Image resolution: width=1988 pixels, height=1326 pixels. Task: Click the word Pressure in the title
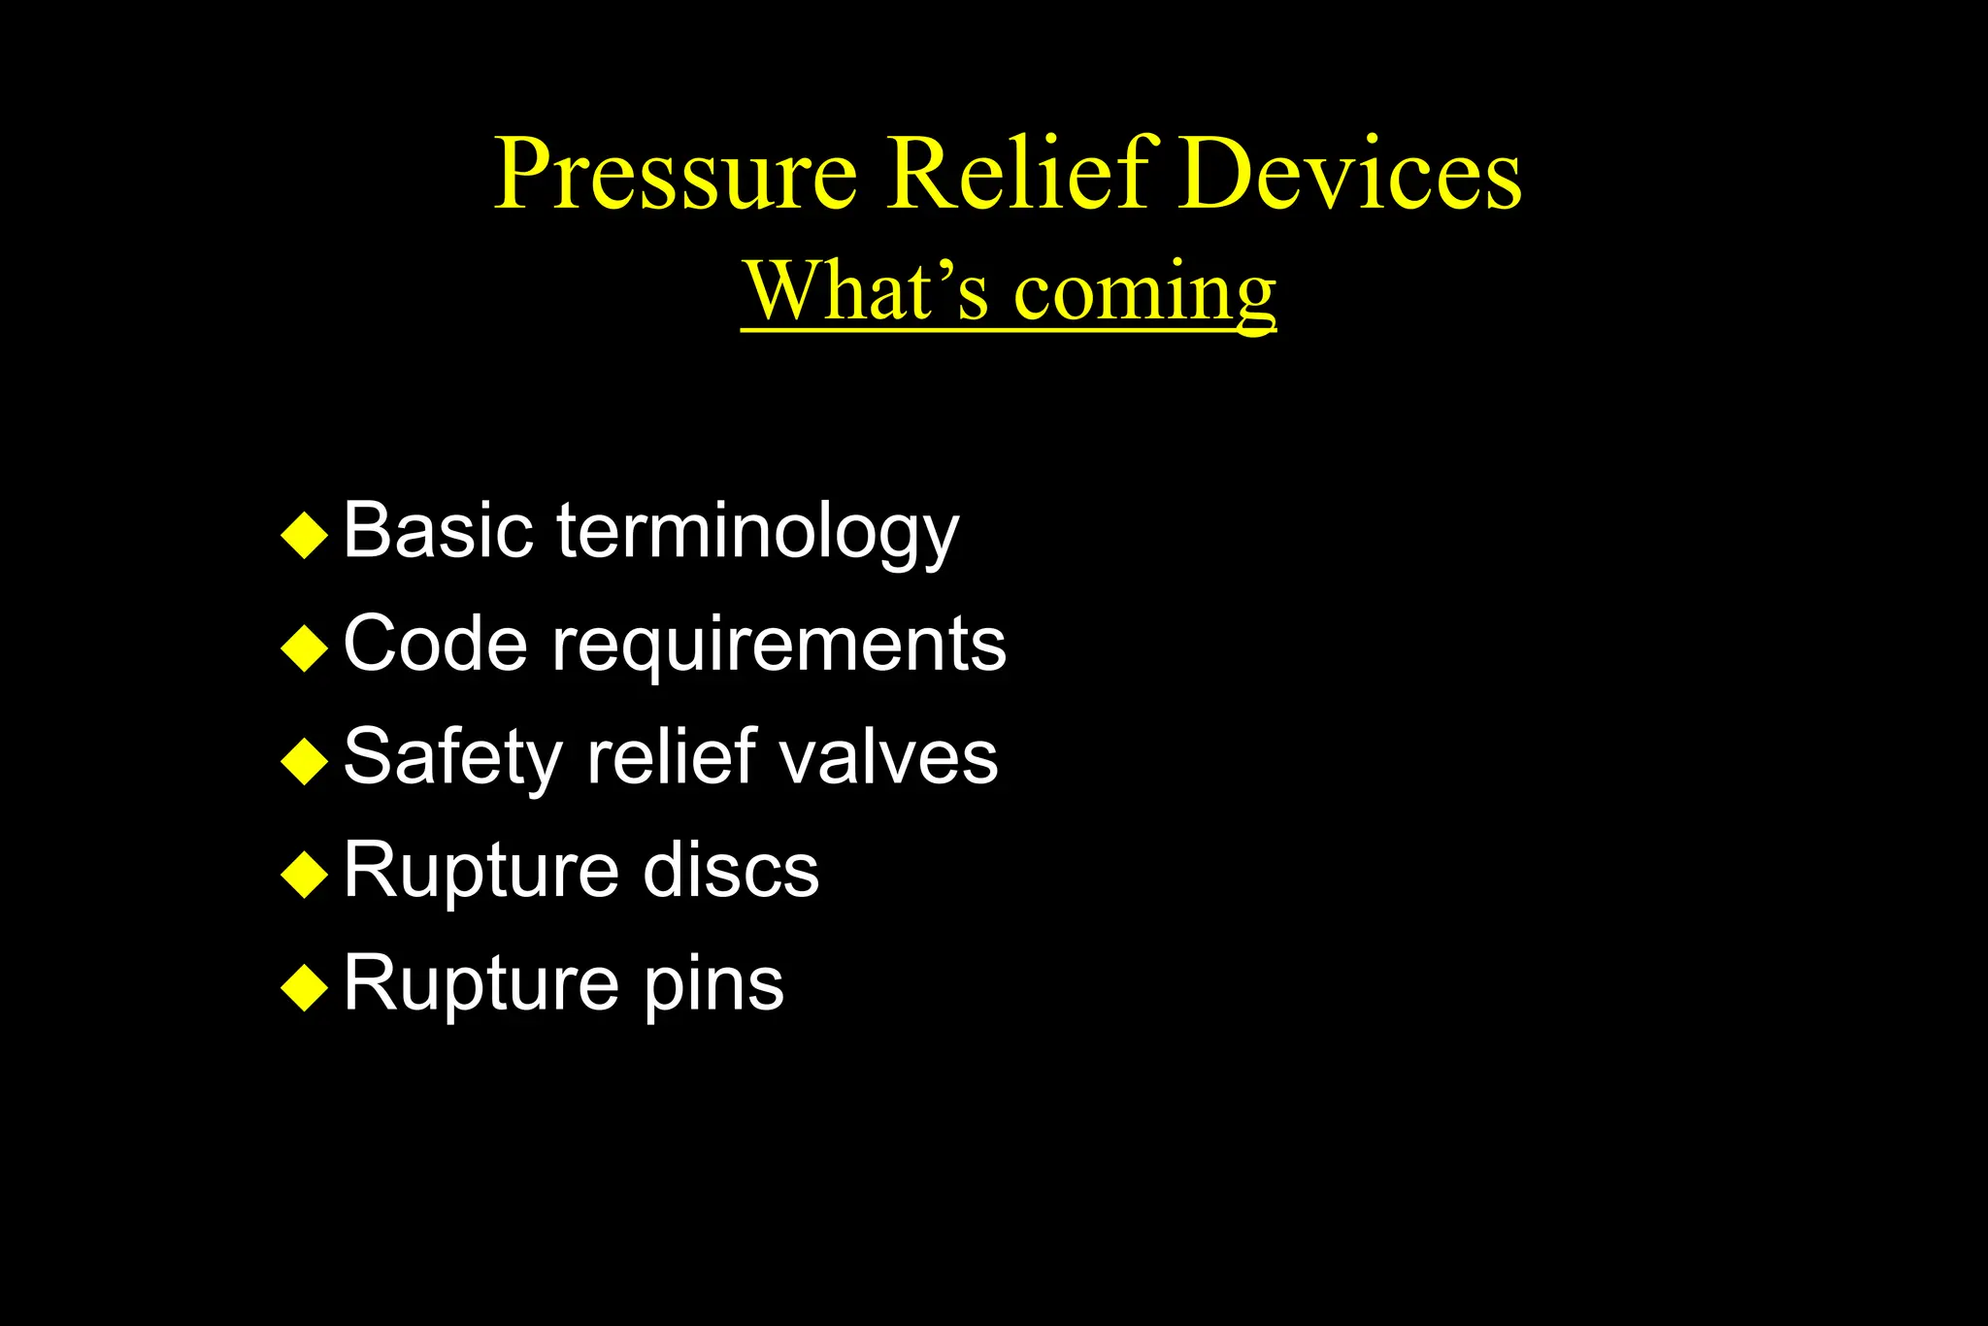coord(676,175)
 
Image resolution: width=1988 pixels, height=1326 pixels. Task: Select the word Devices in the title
coord(1350,175)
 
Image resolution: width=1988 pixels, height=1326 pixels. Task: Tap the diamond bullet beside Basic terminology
coord(305,535)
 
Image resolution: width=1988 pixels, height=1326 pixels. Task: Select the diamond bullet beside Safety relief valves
coord(305,761)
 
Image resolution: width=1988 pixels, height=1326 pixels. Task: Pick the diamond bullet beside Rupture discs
coord(305,874)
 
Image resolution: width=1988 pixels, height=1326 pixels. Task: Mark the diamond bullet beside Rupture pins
coord(305,987)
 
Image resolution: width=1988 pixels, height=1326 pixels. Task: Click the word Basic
coord(438,531)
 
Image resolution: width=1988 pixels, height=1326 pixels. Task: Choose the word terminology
coord(757,533)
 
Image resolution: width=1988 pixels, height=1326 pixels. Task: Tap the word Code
coord(436,644)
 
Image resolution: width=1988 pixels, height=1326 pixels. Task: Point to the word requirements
coord(779,646)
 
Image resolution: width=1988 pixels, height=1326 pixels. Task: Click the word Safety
coord(453,758)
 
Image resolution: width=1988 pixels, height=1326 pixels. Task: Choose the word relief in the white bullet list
coord(672,756)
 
